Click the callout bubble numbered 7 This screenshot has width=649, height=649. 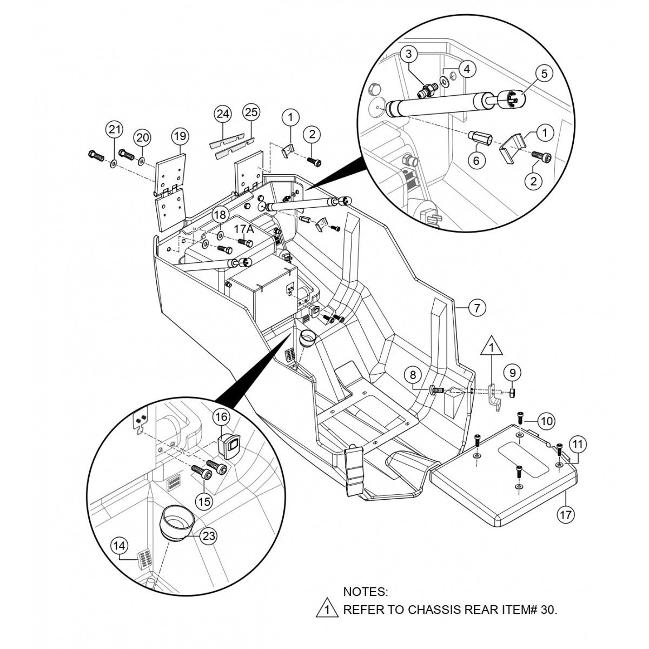476,308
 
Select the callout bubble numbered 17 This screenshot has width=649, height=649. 566,514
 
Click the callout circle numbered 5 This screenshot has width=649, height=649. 545,73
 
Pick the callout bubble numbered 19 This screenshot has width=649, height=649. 180,135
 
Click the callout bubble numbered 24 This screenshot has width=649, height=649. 222,114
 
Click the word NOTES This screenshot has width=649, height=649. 366,592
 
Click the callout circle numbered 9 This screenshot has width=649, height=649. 513,372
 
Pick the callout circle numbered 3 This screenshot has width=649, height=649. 409,54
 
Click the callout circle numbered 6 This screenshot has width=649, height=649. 476,160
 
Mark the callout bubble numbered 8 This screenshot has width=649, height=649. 413,374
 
